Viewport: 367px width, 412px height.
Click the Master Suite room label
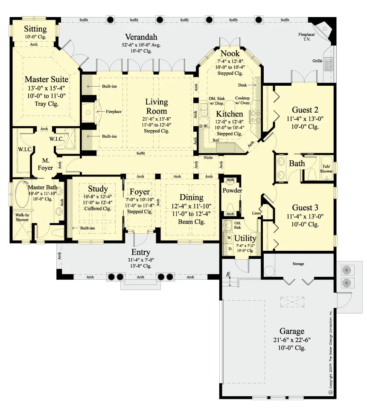point(47,79)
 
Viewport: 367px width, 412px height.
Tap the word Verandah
point(141,37)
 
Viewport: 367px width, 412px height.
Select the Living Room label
point(157,107)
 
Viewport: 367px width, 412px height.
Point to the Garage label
point(292,331)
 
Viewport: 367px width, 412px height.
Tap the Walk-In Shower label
point(22,217)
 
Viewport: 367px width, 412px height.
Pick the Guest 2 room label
point(305,110)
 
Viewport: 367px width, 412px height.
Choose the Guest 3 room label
point(305,208)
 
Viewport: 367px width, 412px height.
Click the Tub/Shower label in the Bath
point(326,169)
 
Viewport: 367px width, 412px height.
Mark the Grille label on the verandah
point(317,61)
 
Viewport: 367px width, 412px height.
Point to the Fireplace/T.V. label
point(306,37)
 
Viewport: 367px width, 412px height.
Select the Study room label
point(98,189)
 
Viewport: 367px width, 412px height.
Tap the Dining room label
point(191,197)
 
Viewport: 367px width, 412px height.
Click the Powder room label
point(233,191)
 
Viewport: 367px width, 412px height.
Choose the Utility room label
point(245,238)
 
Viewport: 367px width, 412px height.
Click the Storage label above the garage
point(298,264)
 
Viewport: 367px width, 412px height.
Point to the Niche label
point(208,158)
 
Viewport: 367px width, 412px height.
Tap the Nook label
point(230,53)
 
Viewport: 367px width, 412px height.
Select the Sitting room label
point(35,29)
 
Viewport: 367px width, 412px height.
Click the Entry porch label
point(141,252)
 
